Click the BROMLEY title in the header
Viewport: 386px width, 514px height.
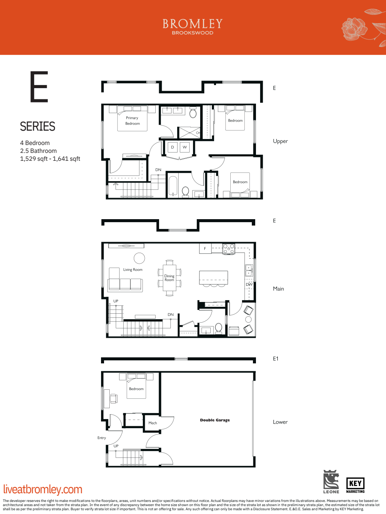[193, 24]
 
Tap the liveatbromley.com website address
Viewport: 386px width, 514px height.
[43, 489]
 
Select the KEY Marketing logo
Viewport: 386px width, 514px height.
[355, 485]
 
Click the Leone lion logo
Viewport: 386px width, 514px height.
[331, 482]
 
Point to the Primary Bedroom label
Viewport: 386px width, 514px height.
[132, 120]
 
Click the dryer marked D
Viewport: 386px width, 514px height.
[172, 147]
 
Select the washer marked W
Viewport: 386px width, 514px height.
[185, 147]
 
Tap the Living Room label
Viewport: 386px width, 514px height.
[133, 270]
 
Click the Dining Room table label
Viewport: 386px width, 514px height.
[169, 278]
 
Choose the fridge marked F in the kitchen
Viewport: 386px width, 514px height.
[205, 249]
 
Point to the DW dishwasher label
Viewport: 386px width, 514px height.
[249, 284]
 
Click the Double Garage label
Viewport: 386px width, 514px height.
[215, 420]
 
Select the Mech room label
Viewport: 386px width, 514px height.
[153, 423]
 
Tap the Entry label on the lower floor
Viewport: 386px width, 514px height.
[101, 438]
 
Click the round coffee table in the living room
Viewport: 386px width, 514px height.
[139, 258]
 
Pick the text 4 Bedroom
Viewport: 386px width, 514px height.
[35, 143]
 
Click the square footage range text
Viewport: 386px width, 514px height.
[50, 159]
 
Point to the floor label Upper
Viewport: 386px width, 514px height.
[280, 141]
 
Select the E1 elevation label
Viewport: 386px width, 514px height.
[276, 359]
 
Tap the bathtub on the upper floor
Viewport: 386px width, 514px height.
[173, 186]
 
